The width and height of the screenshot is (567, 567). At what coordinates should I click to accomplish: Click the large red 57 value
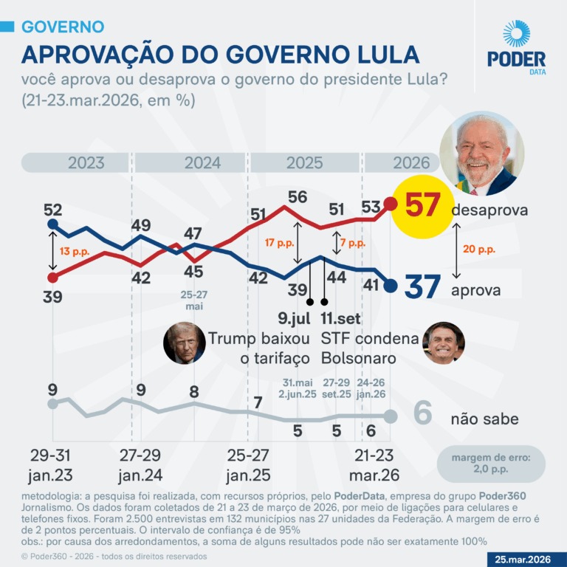tap(423, 205)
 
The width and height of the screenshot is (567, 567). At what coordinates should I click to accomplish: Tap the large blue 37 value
tap(422, 286)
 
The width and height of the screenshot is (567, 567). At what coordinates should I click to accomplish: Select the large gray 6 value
tap(422, 413)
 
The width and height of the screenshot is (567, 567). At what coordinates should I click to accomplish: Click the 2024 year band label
tap(202, 162)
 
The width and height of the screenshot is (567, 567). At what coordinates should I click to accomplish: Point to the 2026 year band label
tap(411, 162)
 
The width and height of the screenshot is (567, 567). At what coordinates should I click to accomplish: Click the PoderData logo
tap(516, 47)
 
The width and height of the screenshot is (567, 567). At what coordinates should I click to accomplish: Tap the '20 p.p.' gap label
tap(478, 249)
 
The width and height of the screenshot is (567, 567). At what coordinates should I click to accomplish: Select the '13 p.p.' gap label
tap(75, 251)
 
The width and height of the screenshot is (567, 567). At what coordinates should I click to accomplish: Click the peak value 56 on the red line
tap(298, 197)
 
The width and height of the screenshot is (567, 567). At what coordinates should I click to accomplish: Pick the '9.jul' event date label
tap(294, 318)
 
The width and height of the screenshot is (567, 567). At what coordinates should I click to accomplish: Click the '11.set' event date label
tap(340, 318)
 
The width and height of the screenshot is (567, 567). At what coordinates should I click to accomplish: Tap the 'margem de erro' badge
tap(491, 464)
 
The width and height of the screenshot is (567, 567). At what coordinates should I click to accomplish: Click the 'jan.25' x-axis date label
tap(248, 475)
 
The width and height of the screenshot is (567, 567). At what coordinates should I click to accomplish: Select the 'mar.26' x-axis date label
tap(374, 475)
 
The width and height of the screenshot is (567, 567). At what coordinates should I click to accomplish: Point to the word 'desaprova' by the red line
tap(489, 210)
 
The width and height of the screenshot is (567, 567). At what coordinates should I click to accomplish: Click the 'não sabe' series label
tap(484, 419)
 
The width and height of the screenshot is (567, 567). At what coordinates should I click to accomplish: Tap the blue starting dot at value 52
tap(53, 224)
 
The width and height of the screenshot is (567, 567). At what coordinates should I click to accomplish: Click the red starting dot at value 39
tap(53, 278)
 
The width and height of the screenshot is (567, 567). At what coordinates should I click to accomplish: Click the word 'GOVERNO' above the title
tap(63, 27)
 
